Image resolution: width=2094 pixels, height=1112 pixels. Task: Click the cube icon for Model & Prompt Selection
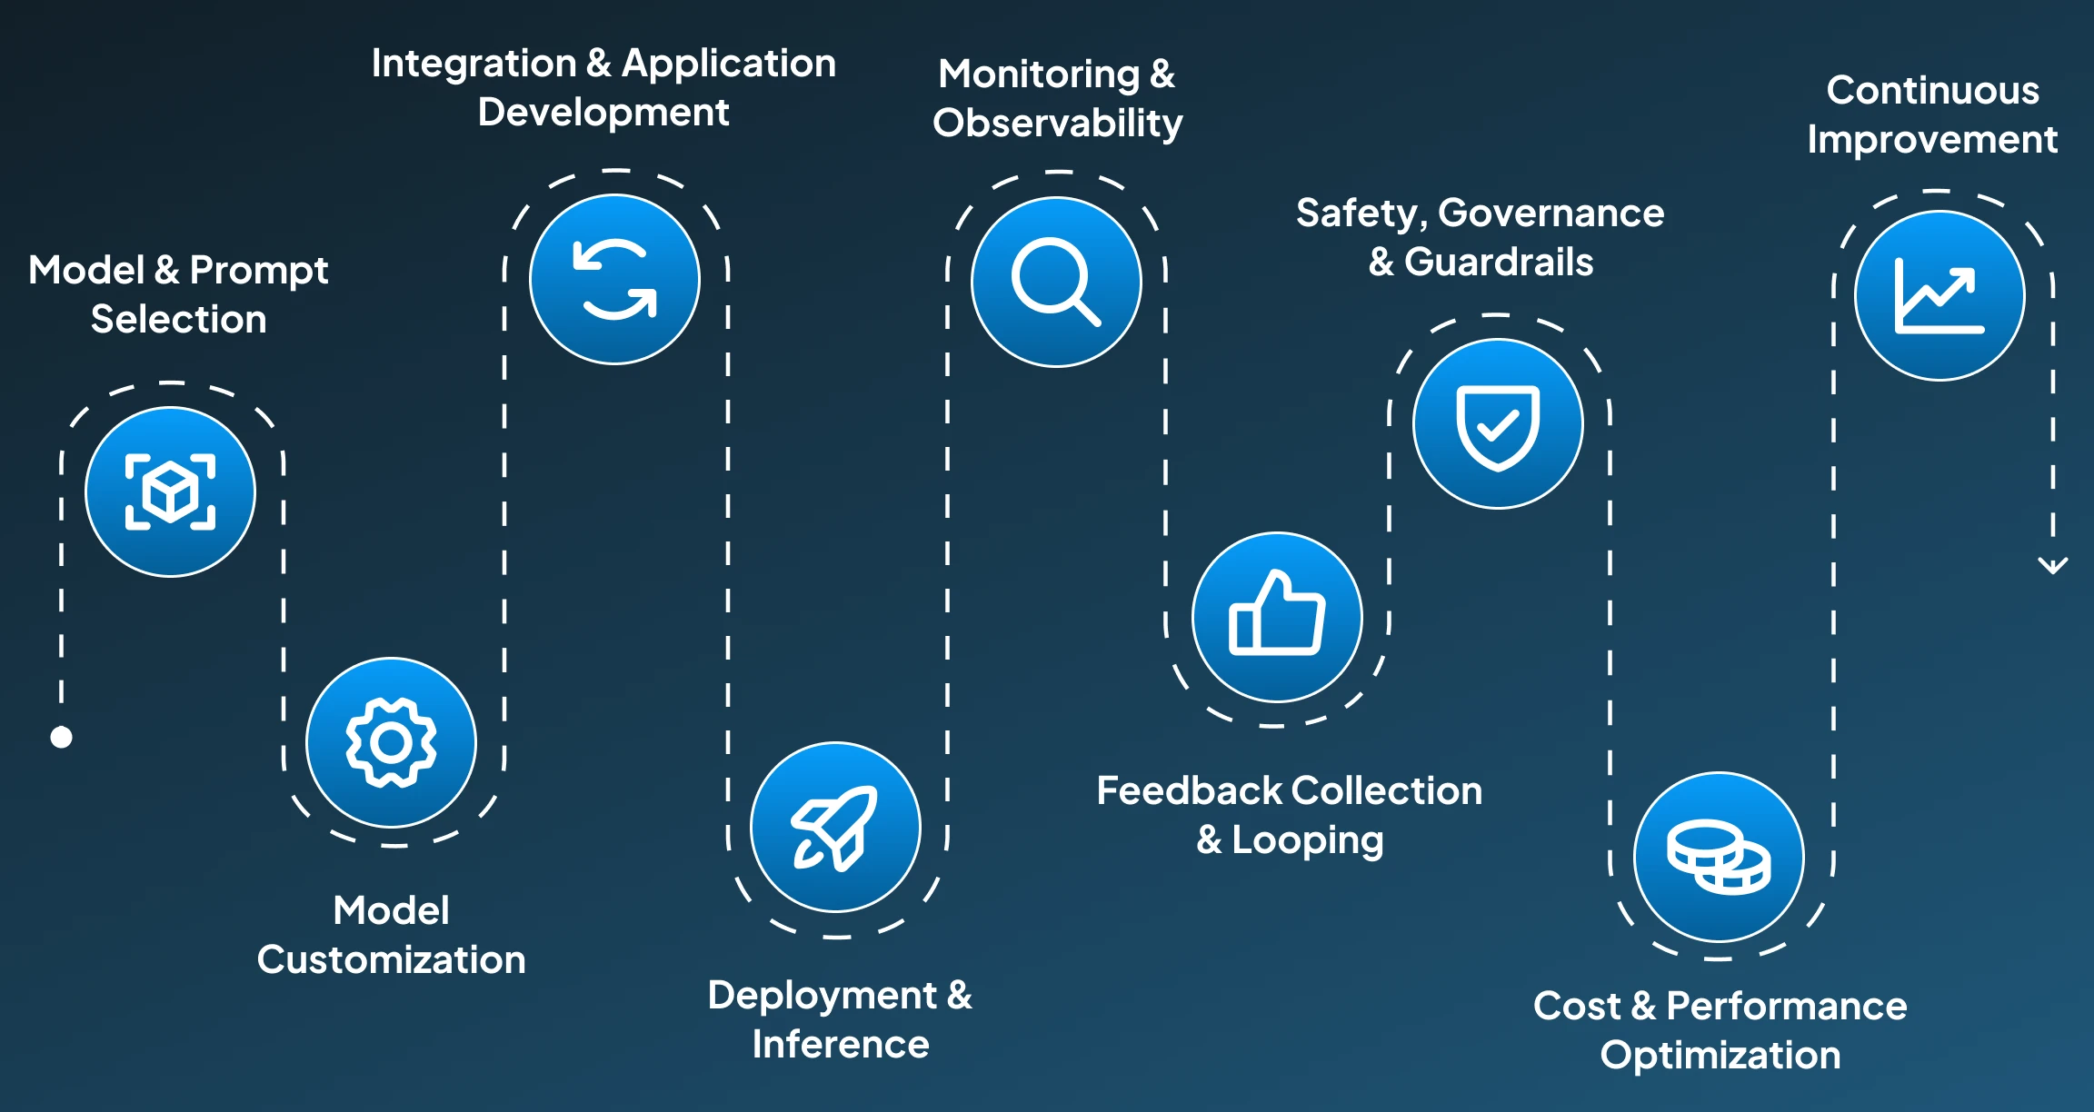tap(170, 491)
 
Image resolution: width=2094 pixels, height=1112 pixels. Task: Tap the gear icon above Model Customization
tap(391, 742)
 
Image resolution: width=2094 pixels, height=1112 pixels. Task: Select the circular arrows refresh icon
tap(615, 280)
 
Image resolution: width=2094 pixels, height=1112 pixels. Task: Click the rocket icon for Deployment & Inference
tap(834, 828)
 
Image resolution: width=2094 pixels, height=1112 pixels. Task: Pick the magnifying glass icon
tap(1056, 282)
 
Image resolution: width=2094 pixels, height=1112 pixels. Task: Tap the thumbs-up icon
tap(1277, 613)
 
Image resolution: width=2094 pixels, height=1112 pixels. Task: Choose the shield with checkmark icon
tap(1498, 427)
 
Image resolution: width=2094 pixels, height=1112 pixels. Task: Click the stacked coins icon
tap(1719, 857)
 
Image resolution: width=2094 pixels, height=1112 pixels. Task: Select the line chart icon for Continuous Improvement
tap(1939, 296)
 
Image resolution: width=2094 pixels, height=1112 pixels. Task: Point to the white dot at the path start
tap(61, 737)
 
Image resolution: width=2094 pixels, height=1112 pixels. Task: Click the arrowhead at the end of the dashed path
tap(2053, 566)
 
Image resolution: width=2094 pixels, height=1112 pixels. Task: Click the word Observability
tap(1058, 123)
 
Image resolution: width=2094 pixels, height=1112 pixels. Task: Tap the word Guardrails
tap(1499, 262)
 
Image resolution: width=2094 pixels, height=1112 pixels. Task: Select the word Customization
tap(391, 959)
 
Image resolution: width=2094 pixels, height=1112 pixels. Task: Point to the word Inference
tap(841, 1044)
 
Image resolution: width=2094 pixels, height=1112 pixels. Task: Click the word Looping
tap(1307, 840)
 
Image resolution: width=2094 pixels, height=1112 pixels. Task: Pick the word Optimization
tap(1720, 1056)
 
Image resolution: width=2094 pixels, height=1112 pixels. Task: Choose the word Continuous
tap(1933, 90)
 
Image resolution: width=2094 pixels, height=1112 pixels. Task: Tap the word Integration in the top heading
tap(474, 64)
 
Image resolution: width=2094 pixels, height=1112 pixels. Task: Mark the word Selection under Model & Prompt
tap(178, 319)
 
